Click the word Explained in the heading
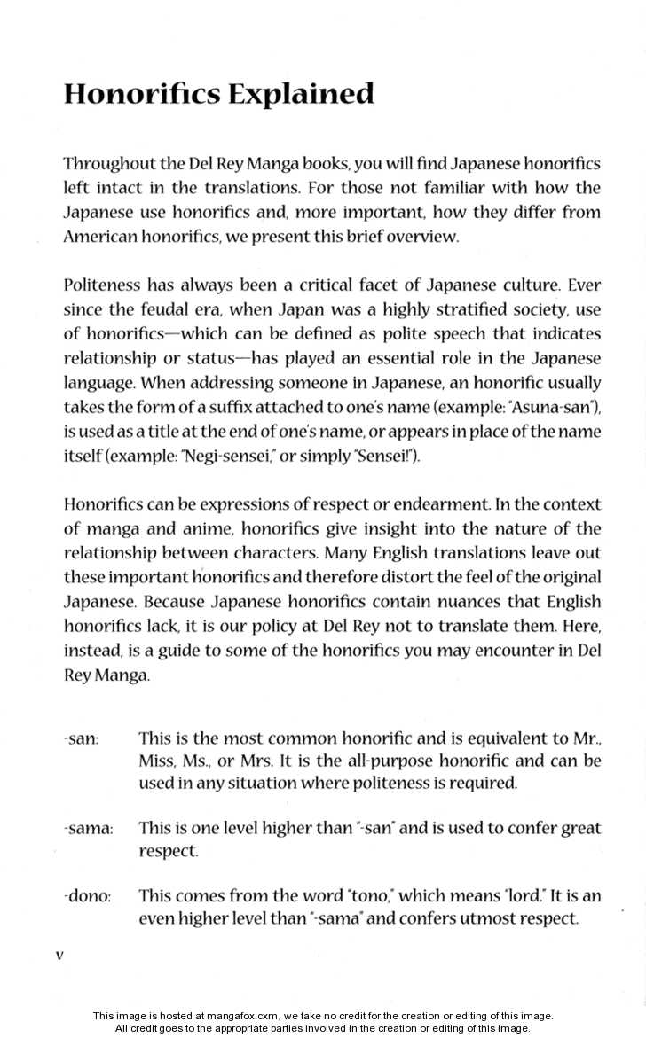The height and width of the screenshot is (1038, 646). pos(301,94)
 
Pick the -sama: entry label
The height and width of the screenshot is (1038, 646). pos(89,829)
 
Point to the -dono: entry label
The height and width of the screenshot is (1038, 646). pos(87,896)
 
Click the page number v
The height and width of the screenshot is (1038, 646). pos(59,956)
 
